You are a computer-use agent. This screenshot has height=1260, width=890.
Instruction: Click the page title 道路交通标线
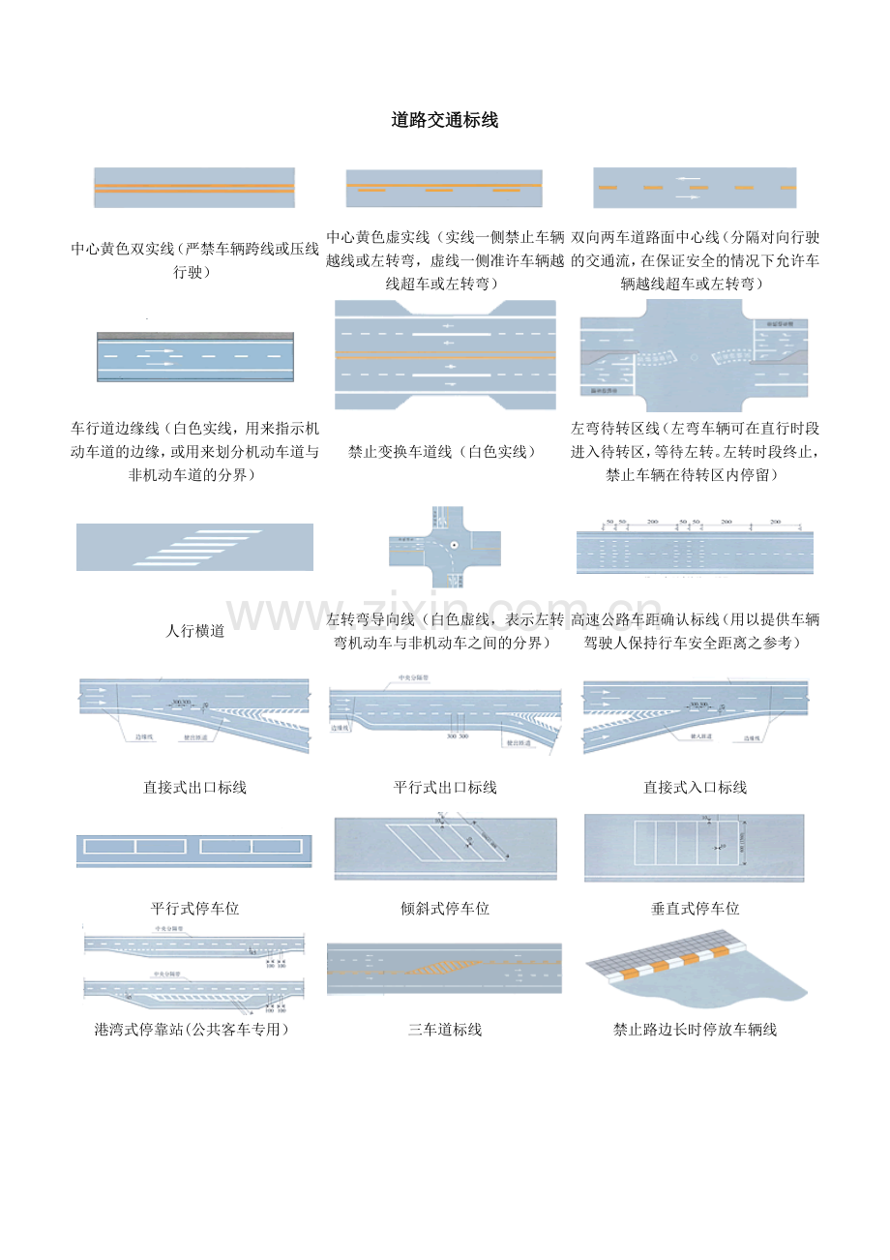pyautogui.click(x=445, y=121)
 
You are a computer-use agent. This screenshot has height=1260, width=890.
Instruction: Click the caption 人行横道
pyautogui.click(x=195, y=631)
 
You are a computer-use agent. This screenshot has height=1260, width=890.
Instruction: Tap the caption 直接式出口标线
pyautogui.click(x=195, y=788)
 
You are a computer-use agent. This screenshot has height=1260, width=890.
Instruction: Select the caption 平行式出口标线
pyautogui.click(x=445, y=788)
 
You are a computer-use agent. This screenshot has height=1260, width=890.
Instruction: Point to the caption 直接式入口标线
pyautogui.click(x=696, y=788)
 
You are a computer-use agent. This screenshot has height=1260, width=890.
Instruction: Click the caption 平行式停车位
pyautogui.click(x=195, y=909)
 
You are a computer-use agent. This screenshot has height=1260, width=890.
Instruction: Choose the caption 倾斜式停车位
pyautogui.click(x=445, y=909)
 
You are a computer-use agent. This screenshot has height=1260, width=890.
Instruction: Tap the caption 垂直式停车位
pyautogui.click(x=696, y=909)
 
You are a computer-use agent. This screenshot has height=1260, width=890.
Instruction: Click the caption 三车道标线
pyautogui.click(x=445, y=1030)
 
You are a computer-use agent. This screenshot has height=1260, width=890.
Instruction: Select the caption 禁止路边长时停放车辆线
pyautogui.click(x=696, y=1030)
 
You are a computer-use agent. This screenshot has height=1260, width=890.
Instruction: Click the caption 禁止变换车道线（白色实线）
pyautogui.click(x=445, y=452)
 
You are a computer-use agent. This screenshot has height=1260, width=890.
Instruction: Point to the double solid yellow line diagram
pyautogui.click(x=193, y=188)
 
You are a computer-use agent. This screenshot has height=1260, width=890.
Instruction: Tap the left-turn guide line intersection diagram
pyautogui.click(x=445, y=547)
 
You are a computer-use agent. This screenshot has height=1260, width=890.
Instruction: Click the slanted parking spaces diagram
pyautogui.click(x=445, y=849)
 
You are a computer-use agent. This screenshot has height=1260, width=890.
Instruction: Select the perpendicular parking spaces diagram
pyautogui.click(x=695, y=848)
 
